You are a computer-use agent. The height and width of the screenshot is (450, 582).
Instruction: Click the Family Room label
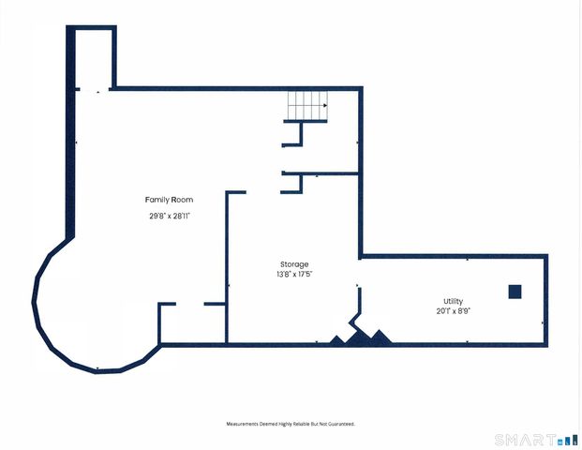tap(169, 200)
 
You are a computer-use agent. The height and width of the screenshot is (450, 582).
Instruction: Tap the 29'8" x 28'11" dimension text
tap(170, 216)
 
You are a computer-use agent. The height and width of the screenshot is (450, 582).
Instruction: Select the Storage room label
tap(294, 264)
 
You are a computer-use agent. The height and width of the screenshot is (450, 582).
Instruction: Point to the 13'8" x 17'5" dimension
tap(294, 275)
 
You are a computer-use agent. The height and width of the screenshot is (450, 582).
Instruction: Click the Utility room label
tap(453, 301)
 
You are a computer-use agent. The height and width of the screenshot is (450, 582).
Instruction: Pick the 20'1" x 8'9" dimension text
tap(453, 311)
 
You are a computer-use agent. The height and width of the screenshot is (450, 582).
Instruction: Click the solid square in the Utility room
tap(515, 292)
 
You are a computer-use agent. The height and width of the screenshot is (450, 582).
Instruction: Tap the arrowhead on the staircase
tap(325, 105)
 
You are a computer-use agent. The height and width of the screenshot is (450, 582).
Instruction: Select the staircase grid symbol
tap(307, 105)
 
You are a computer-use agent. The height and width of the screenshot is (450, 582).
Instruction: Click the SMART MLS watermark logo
tap(536, 440)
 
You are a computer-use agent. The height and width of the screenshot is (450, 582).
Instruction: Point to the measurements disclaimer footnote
tap(291, 424)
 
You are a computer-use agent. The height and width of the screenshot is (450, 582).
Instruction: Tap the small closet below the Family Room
tap(192, 323)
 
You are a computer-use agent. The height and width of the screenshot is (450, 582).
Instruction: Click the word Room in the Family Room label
tap(184, 200)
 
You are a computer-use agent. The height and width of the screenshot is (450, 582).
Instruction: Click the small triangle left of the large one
tap(336, 339)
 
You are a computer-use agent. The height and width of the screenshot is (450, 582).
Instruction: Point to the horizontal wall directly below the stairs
tap(306, 121)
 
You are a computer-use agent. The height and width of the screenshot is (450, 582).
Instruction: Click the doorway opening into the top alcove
tap(95, 89)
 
